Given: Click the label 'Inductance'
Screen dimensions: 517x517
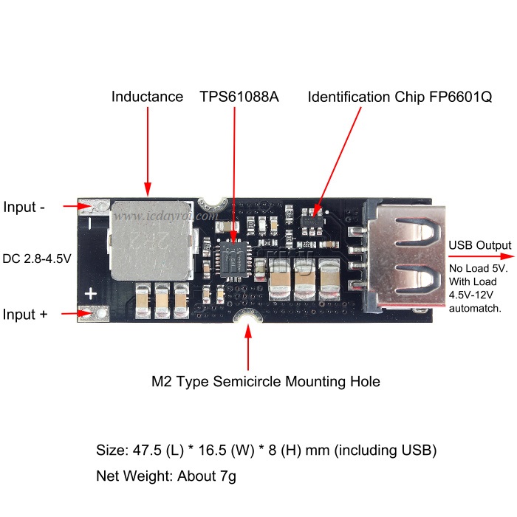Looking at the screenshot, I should (147, 97).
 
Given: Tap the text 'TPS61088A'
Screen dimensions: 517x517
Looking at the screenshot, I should (239, 97).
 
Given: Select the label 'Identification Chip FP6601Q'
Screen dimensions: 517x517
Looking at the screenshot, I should (399, 97).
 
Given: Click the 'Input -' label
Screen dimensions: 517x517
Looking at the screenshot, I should (24, 207).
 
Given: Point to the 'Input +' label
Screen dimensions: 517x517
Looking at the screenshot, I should (26, 315).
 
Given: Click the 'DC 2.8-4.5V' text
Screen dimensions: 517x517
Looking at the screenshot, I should (37, 258).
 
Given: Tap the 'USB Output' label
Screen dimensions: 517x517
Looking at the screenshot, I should (479, 245).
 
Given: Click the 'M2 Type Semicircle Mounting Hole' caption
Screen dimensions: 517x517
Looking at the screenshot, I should (265, 382).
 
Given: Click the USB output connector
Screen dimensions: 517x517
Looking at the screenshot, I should (403, 255).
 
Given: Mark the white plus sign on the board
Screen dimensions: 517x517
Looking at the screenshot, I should (91, 294).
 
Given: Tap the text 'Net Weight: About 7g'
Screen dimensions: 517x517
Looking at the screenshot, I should (166, 476).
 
